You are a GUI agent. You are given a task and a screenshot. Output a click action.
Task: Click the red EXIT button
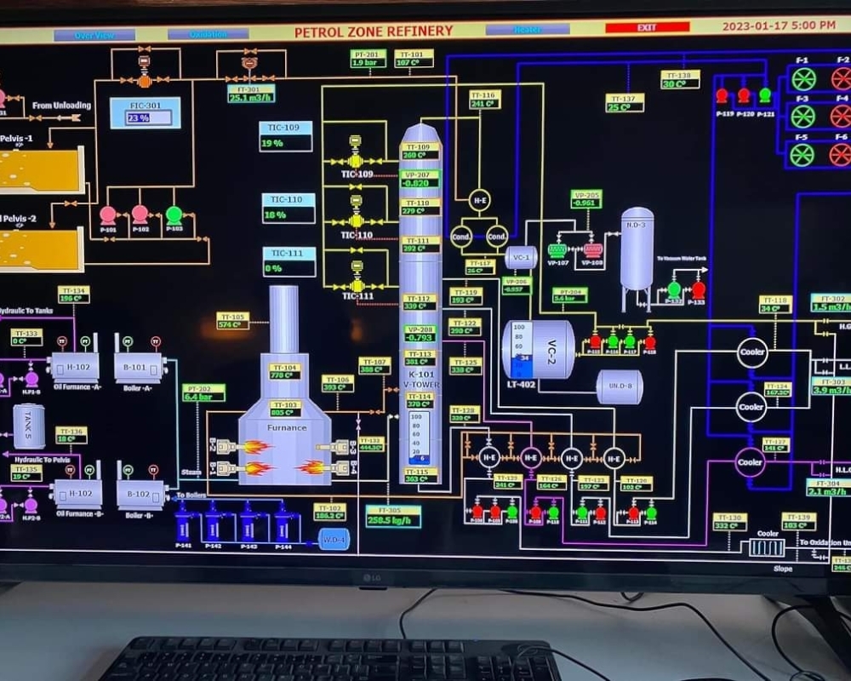click(647, 28)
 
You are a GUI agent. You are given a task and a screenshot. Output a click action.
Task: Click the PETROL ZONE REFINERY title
click(374, 32)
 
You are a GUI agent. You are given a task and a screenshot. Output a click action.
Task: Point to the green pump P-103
click(174, 215)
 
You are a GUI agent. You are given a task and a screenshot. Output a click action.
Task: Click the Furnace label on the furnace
click(287, 427)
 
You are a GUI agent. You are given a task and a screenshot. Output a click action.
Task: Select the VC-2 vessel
click(539, 349)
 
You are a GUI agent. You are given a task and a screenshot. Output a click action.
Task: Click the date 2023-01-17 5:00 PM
click(778, 26)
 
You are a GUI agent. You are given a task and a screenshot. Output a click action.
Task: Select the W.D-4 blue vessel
click(334, 539)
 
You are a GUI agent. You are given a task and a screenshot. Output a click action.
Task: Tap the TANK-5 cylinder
click(29, 426)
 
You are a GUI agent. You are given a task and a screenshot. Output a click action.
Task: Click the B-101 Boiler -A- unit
click(140, 367)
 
